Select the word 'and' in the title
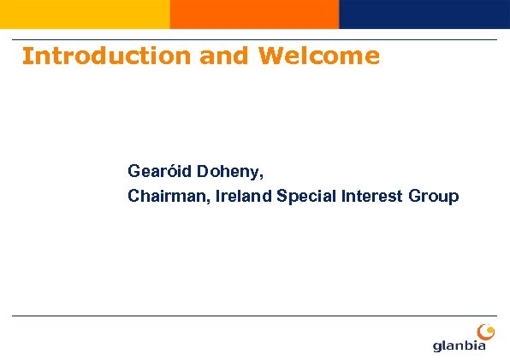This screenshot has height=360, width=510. (225, 56)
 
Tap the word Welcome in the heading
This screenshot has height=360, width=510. (318, 56)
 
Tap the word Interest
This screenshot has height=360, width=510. (373, 197)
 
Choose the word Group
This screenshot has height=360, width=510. (434, 197)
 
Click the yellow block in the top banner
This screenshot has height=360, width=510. (85, 14)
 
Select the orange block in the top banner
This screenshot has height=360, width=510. (254, 14)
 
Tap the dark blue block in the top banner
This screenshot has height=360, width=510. (424, 14)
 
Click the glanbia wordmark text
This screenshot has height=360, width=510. (460, 345)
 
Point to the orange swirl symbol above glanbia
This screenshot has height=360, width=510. (484, 330)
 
